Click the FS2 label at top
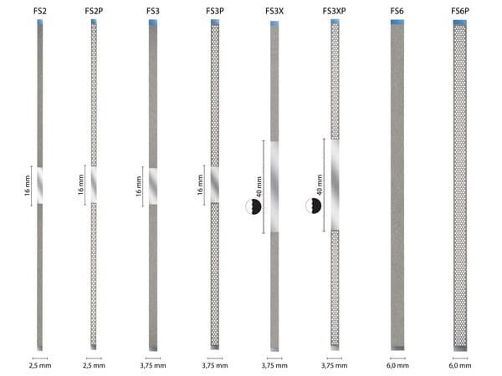tap(39, 11)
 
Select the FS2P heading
tap(95, 11)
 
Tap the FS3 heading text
tap(152, 11)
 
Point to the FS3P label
tap(214, 11)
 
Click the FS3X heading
tap(274, 11)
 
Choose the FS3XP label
tap(335, 11)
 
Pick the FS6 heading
tap(397, 11)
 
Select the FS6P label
tap(460, 11)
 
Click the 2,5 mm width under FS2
tap(39, 365)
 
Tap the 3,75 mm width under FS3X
tap(274, 365)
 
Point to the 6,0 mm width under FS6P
tap(460, 365)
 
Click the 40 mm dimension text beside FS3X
tap(259, 186)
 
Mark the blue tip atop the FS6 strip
tap(397, 23)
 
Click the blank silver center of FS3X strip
tap(274, 185)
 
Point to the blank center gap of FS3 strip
tap(152, 185)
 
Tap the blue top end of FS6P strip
tap(460, 23)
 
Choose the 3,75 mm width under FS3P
tap(214, 365)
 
